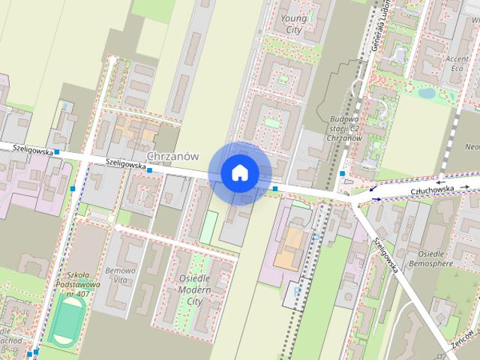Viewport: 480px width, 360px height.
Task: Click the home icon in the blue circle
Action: pyautogui.click(x=239, y=173)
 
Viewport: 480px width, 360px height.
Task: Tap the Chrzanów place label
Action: pyautogui.click(x=173, y=156)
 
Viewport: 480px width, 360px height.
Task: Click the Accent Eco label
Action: pyautogui.click(x=457, y=62)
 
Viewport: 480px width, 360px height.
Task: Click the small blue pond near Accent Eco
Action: pyautogui.click(x=427, y=94)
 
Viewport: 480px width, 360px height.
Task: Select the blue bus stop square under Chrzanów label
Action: pyautogui.click(x=149, y=170)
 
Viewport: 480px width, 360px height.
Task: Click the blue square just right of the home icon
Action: pyautogui.click(x=275, y=187)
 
